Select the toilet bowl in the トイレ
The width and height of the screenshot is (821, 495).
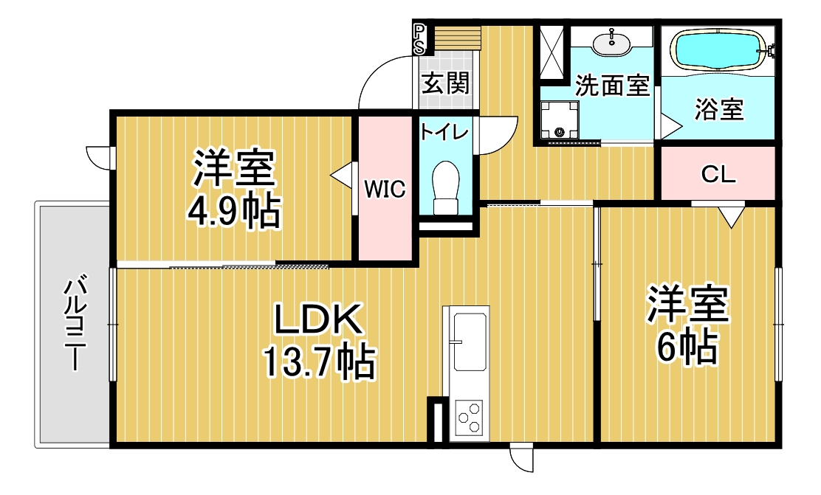point(446,187)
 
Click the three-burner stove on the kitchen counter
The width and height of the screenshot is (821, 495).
point(469,417)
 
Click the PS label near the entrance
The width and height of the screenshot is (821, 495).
point(419,39)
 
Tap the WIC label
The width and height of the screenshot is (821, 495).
point(385,189)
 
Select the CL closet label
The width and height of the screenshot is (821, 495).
point(718,174)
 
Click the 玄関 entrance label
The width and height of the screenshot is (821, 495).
point(446,83)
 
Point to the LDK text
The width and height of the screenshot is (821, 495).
point(318,319)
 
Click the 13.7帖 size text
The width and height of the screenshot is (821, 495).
point(318,361)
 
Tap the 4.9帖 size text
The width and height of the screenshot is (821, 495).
point(234,212)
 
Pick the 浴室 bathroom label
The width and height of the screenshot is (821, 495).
point(719,109)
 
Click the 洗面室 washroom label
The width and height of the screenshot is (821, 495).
point(612,86)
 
